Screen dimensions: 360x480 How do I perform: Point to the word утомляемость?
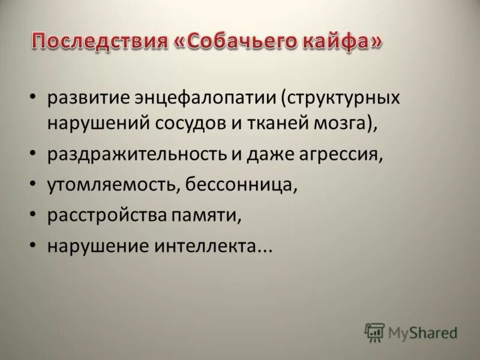pyautogui.click(x=110, y=184)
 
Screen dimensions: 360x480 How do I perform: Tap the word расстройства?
pyautogui.click(x=107, y=215)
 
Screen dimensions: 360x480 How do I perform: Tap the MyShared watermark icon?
pyautogui.click(x=374, y=332)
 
